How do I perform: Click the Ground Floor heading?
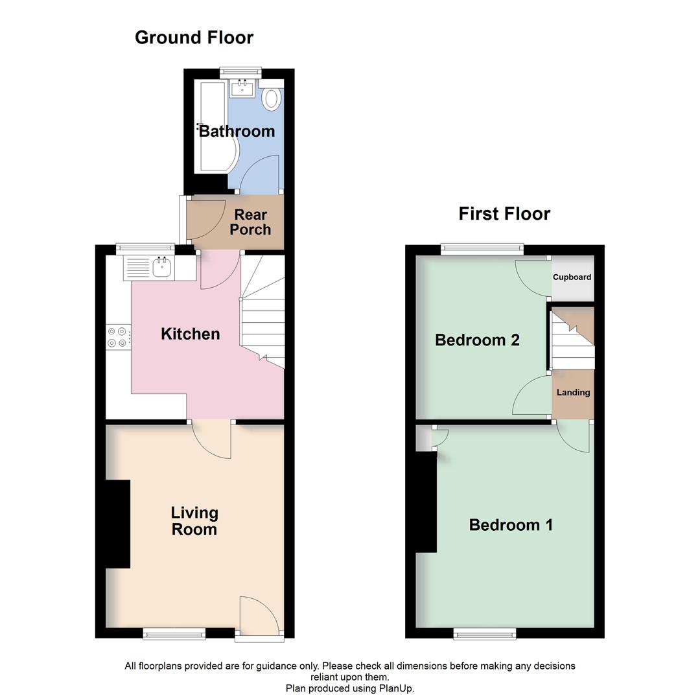[x=194, y=38]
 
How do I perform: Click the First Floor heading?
[x=504, y=213]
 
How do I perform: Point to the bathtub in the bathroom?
[x=213, y=126]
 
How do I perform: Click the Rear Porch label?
[x=250, y=222]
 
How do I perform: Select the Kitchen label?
[x=191, y=334]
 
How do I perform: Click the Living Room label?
[x=194, y=521]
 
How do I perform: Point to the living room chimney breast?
[x=118, y=524]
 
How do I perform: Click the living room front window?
[x=174, y=634]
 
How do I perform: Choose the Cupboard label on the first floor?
[x=572, y=277]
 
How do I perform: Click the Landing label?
[x=573, y=392]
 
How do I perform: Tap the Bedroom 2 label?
[x=477, y=340]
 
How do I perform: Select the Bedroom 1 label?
[x=511, y=524]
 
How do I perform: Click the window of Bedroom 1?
[x=485, y=634]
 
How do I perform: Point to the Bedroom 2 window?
[x=482, y=246]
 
